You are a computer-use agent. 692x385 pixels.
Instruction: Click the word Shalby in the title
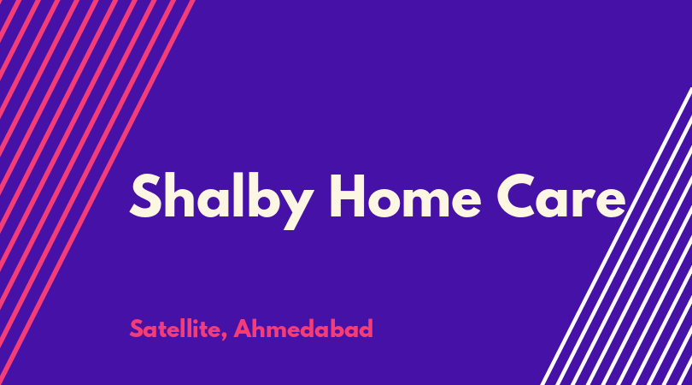221,201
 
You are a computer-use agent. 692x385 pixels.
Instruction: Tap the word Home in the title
405,196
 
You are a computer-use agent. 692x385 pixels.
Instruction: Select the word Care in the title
561,196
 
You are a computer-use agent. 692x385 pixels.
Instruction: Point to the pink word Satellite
175,329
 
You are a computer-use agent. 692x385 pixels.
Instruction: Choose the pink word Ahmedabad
303,329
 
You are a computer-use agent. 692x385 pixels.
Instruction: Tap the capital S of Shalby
145,196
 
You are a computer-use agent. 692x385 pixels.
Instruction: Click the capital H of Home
348,196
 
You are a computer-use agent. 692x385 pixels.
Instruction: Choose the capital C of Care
517,196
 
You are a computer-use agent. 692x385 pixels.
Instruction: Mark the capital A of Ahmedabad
243,329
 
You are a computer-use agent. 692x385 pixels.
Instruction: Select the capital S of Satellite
137,329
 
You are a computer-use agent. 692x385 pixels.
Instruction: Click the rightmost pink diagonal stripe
97,192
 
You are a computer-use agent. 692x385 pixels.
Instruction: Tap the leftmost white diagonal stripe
616,236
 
